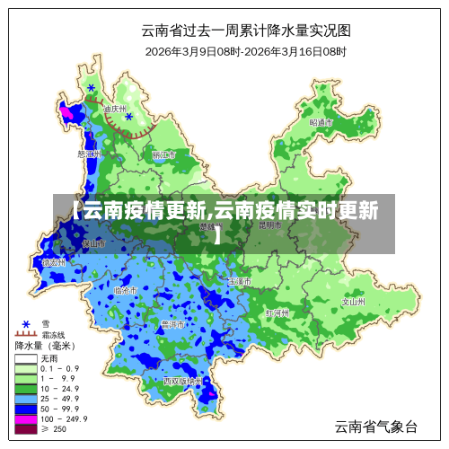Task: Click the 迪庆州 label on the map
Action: (114, 109)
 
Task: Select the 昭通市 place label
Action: (321, 121)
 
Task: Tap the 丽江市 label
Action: (163, 154)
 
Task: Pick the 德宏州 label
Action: (54, 263)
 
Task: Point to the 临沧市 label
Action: (125, 290)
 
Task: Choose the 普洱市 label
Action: (172, 323)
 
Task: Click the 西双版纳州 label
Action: (183, 381)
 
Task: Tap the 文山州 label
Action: (353, 302)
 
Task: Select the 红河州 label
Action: (277, 313)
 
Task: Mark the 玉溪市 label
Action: (239, 281)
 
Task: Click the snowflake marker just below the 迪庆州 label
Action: (129, 117)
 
